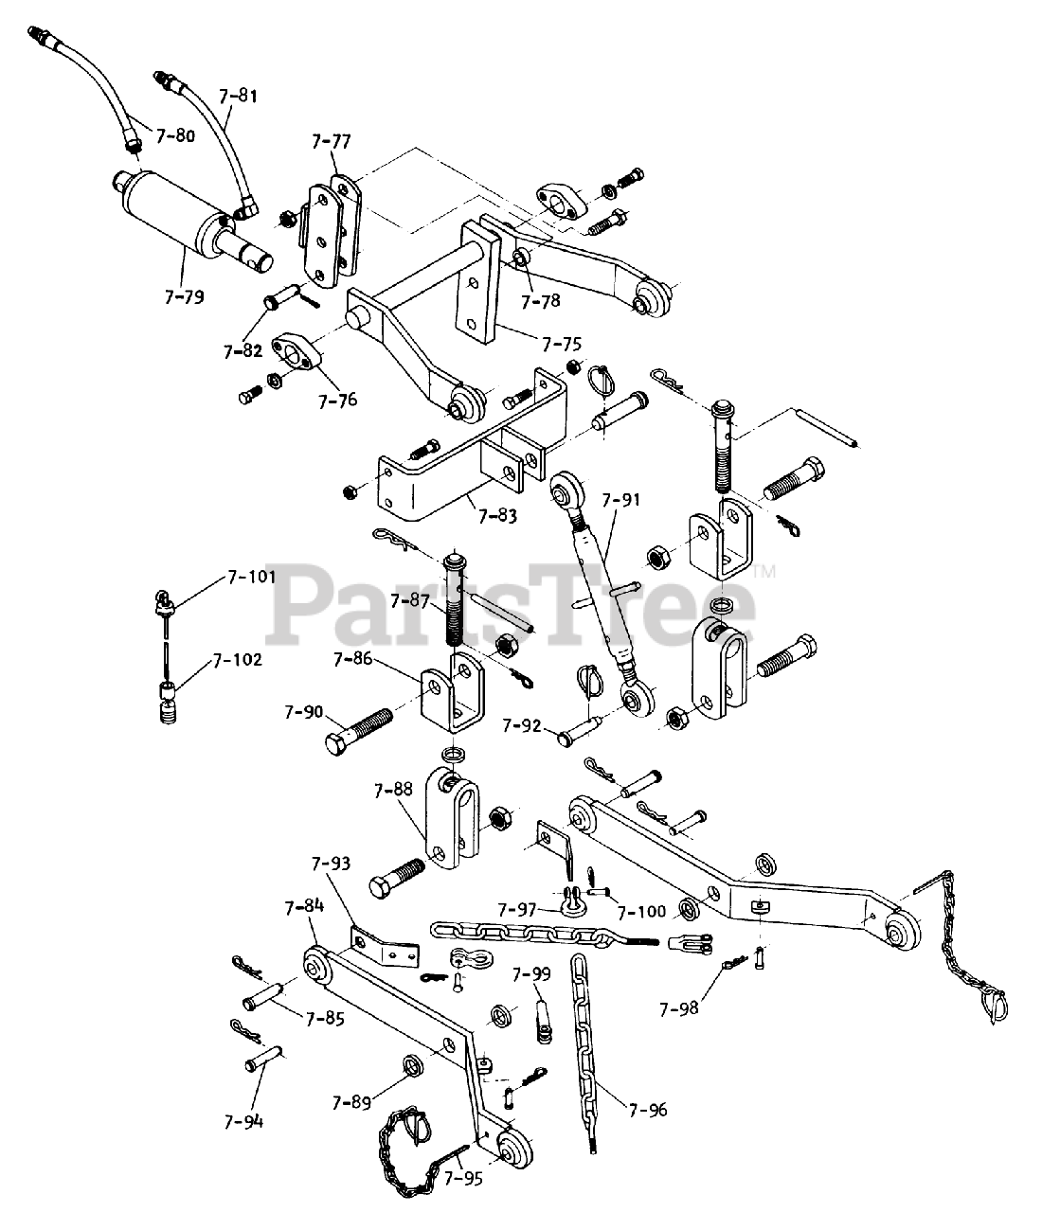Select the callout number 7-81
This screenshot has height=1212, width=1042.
237,96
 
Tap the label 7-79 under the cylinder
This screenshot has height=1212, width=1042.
183,297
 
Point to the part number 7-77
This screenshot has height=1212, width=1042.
331,142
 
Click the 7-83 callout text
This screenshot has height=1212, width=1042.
497,516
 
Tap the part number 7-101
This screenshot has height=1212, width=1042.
251,576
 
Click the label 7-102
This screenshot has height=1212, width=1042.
237,660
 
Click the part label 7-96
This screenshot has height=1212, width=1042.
647,1109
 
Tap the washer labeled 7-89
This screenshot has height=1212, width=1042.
414,1066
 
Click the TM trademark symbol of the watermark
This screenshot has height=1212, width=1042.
764,571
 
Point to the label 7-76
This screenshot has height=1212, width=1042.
338,401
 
